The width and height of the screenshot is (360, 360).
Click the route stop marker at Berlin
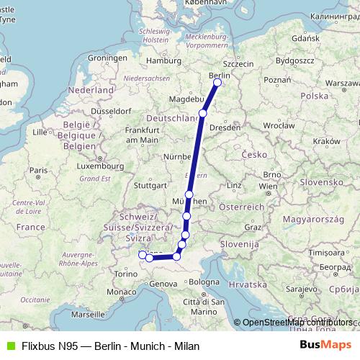[217, 82]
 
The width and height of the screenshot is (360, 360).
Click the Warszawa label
[341, 84]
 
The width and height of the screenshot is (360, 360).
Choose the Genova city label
[163, 284]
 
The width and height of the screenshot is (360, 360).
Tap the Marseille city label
[87, 315]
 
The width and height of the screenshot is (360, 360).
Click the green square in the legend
[9, 344]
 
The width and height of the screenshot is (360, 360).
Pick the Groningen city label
[102, 57]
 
